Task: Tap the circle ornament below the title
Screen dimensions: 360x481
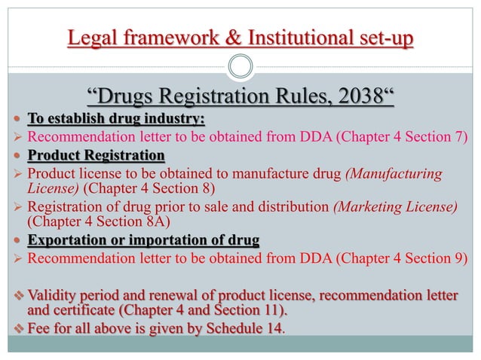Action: (240, 66)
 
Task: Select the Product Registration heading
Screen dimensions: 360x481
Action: (96, 156)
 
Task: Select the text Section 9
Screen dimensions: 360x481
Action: (440, 260)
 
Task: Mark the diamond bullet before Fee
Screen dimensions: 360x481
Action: (18, 328)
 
